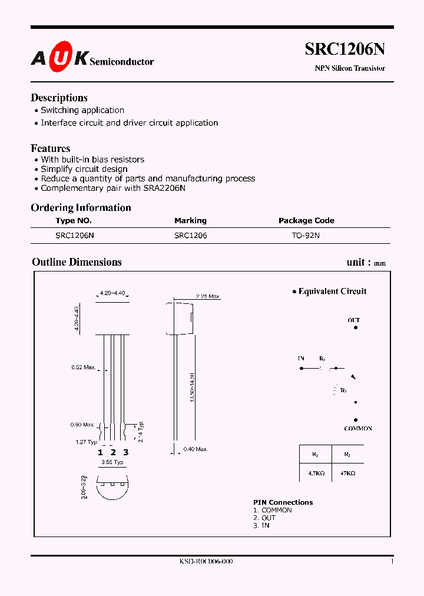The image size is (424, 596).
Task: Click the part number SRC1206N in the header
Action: coord(344,50)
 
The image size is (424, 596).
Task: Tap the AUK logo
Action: coord(59,57)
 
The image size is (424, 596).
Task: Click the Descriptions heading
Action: coord(59,98)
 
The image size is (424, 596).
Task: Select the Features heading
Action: coord(50,148)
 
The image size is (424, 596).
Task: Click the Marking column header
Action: coord(190,220)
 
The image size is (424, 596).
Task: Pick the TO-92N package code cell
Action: coord(306,235)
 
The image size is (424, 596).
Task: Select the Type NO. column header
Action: coord(74,220)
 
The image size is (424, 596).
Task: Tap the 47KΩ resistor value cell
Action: coord(347,472)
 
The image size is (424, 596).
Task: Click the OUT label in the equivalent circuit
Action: coord(353,320)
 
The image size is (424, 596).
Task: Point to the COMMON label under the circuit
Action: coord(358,429)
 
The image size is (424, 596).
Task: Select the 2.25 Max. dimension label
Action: coord(207,296)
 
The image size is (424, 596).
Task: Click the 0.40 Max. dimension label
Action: coord(195,449)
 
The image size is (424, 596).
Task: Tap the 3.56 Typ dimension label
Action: coord(112,462)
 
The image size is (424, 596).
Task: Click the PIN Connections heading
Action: coord(283,502)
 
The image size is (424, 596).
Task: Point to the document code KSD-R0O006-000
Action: coord(206,562)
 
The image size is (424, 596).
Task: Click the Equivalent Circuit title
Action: coord(332,291)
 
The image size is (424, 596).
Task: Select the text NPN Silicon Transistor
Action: coord(349,68)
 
